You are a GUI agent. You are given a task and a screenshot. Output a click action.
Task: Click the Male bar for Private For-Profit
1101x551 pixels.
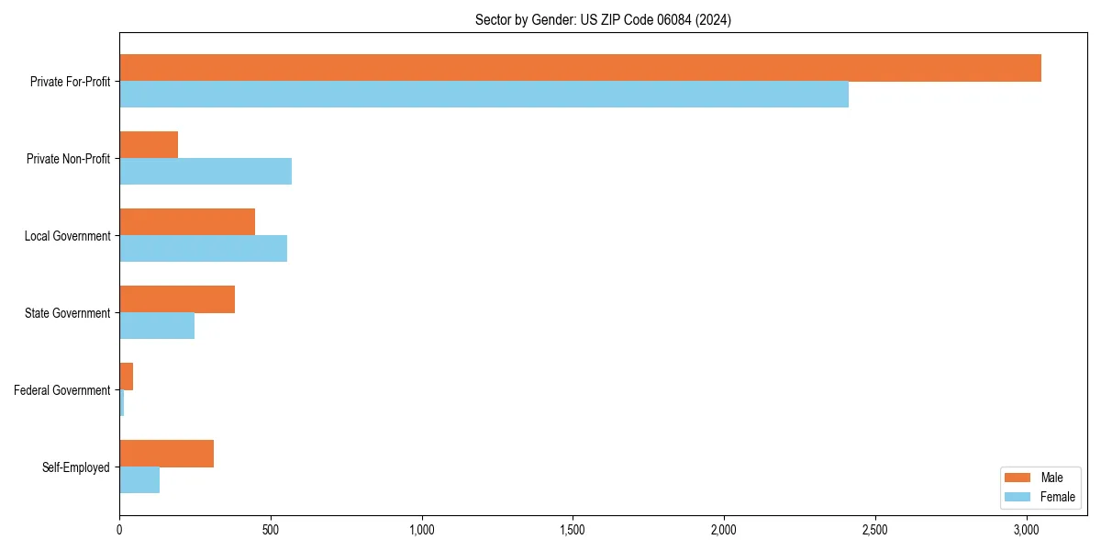[x=580, y=68]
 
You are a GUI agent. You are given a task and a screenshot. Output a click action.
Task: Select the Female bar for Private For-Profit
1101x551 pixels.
[x=484, y=95]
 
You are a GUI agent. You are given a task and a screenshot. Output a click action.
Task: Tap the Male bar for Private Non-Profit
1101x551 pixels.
[x=149, y=145]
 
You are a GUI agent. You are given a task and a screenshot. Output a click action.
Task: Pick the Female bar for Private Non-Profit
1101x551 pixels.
[x=206, y=172]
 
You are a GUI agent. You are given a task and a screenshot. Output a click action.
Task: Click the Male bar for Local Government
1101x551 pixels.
[x=187, y=222]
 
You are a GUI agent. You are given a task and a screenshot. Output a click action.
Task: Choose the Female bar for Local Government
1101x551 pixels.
[x=203, y=249]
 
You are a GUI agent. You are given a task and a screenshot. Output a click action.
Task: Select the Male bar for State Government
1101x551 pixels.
[x=177, y=299]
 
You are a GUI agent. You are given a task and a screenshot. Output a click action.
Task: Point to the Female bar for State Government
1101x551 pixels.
[x=157, y=326]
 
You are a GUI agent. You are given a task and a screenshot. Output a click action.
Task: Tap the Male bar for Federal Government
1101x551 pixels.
[x=127, y=377]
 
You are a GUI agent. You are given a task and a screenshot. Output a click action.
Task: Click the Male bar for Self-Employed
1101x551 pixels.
[x=166, y=454]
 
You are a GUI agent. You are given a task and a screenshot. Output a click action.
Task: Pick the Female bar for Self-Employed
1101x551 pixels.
[x=139, y=480]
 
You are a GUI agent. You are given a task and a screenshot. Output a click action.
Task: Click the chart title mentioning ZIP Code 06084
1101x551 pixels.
[x=603, y=19]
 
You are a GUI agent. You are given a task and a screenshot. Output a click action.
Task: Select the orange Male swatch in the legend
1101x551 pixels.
[x=1018, y=478]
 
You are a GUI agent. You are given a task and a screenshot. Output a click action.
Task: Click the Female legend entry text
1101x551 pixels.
[x=1057, y=497]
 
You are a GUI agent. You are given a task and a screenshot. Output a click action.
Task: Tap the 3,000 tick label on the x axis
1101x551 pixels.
[x=1027, y=530]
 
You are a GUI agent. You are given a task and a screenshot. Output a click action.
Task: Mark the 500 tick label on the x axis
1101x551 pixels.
[x=271, y=530]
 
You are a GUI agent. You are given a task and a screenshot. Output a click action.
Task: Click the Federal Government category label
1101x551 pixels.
[x=62, y=390]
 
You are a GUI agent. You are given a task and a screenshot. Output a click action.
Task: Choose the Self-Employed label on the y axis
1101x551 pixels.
[x=76, y=467]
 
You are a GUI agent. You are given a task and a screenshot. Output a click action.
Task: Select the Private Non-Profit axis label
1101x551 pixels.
[x=70, y=159]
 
